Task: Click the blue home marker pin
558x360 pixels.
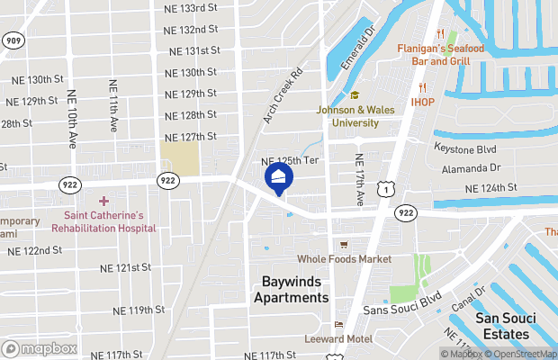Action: [x=279, y=178]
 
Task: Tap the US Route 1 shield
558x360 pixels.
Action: [x=384, y=188]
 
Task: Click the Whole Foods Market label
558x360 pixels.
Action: [x=345, y=259]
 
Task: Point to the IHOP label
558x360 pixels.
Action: [x=423, y=102]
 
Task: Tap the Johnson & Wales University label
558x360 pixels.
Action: [x=355, y=116]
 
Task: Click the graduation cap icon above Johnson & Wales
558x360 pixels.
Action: [x=355, y=95]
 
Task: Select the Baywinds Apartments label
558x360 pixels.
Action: [x=291, y=290]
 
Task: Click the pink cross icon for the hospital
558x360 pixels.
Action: [x=103, y=201]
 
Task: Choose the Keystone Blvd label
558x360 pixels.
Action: [x=464, y=148]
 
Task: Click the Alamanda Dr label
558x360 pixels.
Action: [x=471, y=168]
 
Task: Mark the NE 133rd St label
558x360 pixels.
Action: [x=192, y=8]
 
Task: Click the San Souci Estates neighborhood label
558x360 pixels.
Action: [x=501, y=326]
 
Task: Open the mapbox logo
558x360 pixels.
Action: [x=40, y=348]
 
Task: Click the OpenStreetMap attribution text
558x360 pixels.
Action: [x=523, y=354]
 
